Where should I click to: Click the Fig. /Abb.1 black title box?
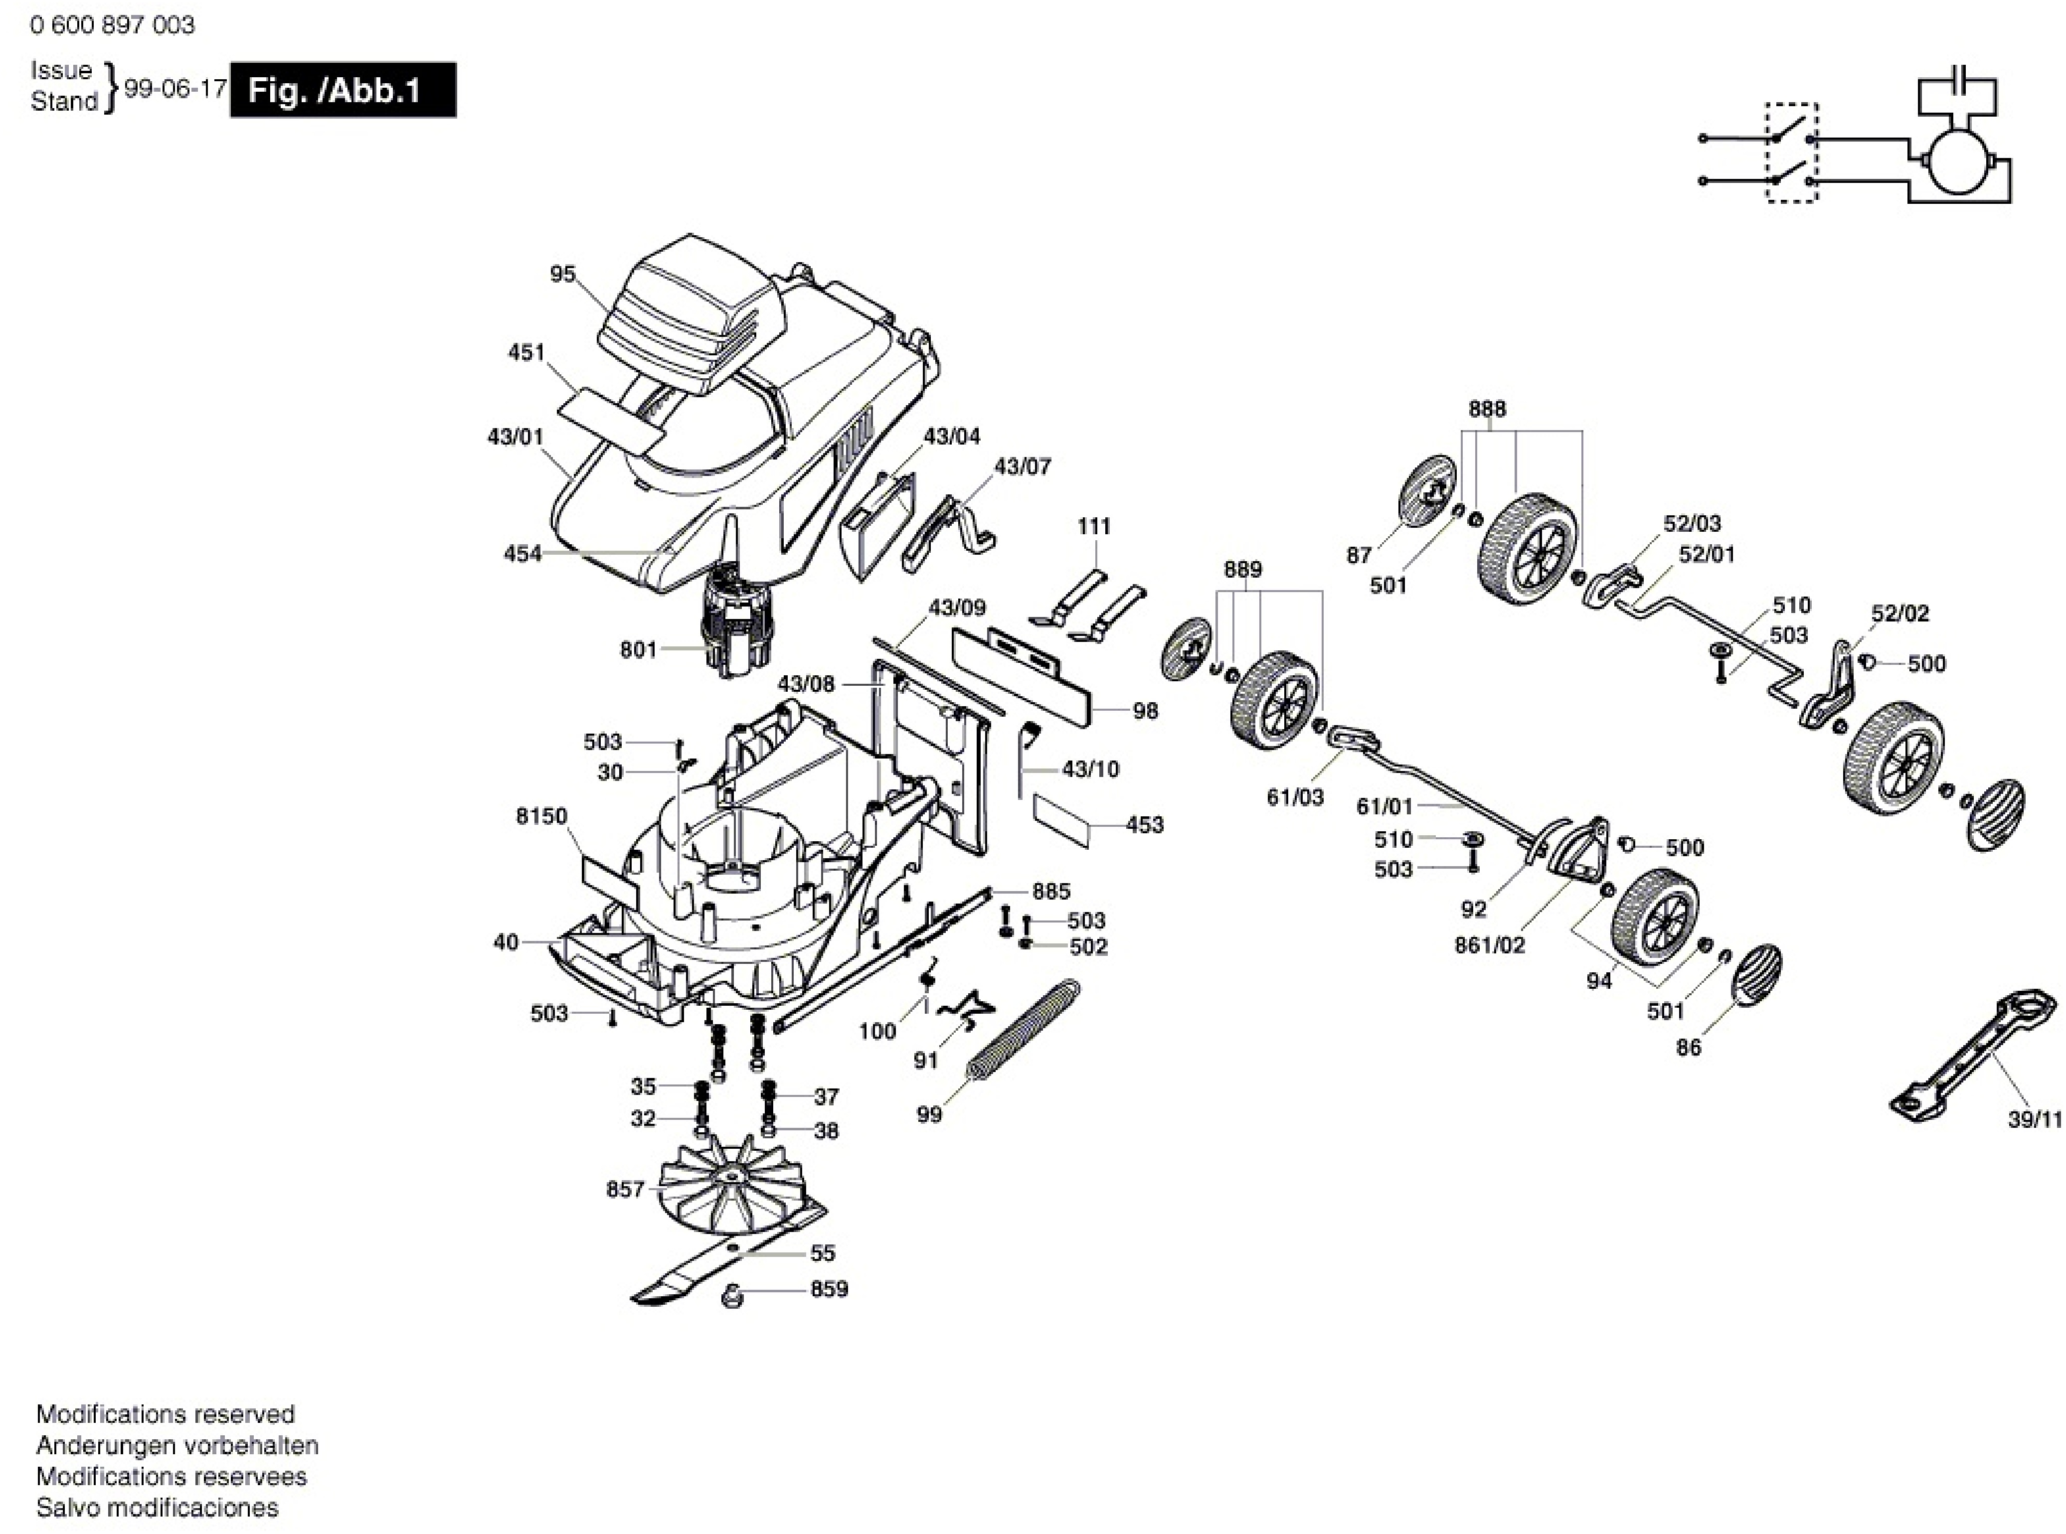[x=343, y=90]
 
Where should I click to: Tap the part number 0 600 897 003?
[x=112, y=25]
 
